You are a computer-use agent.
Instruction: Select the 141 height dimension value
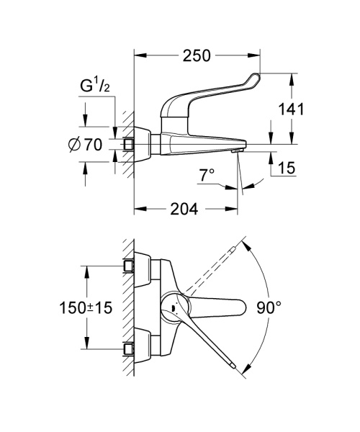click(292, 109)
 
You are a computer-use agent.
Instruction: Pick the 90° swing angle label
click(269, 308)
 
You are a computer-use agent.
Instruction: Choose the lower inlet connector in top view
click(130, 349)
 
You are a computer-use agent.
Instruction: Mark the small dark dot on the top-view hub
click(172, 310)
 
